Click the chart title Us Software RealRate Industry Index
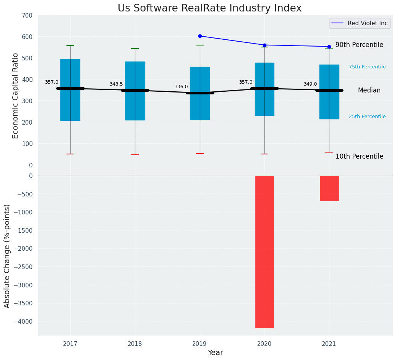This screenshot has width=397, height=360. tap(209, 8)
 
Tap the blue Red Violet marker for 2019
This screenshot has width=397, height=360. tap(200, 36)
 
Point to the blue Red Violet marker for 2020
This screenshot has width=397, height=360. tap(264, 45)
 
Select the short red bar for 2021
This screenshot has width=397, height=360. tap(329, 188)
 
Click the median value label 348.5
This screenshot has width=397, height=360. tap(116, 84)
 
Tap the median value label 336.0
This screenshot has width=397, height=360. tap(181, 87)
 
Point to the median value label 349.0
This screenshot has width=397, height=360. tap(310, 84)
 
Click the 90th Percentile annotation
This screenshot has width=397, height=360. tap(359, 45)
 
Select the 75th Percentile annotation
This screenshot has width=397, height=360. tap(367, 67)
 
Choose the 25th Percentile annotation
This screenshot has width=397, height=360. tap(367, 117)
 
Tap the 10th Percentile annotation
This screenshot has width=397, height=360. tap(359, 156)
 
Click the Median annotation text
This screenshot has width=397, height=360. tap(369, 90)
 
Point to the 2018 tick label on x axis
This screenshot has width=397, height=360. tap(135, 344)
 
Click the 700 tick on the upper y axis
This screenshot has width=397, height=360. tap(28, 15)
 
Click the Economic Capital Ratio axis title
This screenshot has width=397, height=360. tap(16, 96)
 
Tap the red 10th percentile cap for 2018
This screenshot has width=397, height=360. tap(135, 155)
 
